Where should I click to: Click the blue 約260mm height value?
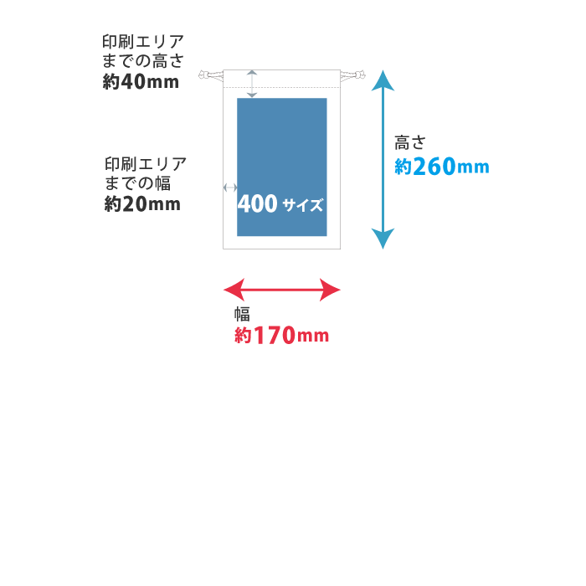pos(441,167)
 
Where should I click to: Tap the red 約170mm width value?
pos(281,336)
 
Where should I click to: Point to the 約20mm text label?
pos(142,203)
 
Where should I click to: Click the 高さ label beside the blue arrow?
pos(409,143)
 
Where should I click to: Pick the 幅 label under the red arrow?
pos(242,314)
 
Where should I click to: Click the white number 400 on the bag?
pos(258,204)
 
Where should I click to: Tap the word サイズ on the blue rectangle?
pos(303,205)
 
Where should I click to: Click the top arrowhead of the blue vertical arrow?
pos(383,80)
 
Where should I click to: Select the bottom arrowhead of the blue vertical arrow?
pos(383,239)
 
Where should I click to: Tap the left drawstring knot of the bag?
pos(208,78)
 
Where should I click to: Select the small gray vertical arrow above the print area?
pos(252,84)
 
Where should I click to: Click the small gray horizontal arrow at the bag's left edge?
pos(230,188)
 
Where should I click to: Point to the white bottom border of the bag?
pos(282,243)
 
